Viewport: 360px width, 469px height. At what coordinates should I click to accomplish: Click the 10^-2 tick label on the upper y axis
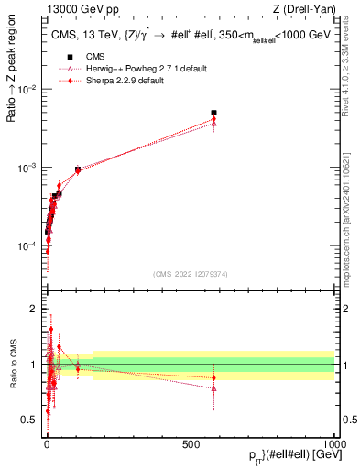click(x=27, y=89)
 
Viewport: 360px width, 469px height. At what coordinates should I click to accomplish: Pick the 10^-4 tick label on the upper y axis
click(x=27, y=247)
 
